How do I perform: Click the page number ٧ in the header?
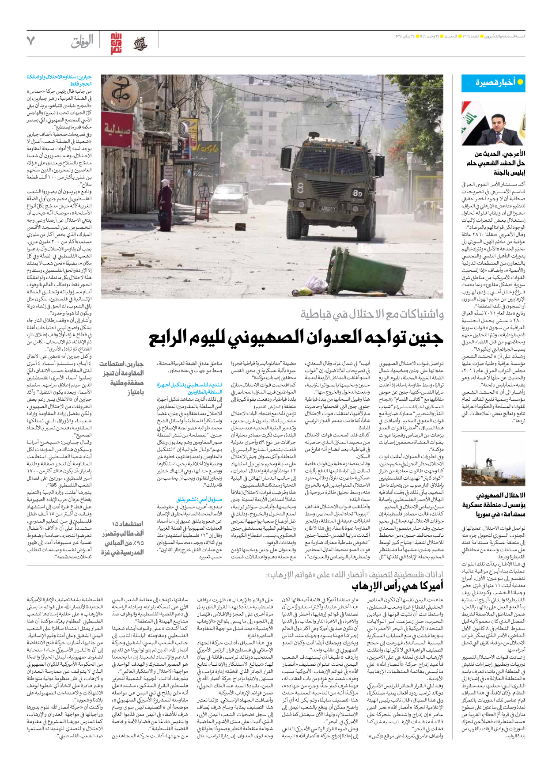click(x=30, y=41)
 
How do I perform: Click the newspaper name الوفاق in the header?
click(x=82, y=42)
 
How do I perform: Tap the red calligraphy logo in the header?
click(x=116, y=43)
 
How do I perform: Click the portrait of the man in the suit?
click(x=493, y=123)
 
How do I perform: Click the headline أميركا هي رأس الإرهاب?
click(x=397, y=587)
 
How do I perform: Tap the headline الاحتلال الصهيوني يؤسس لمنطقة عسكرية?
click(x=494, y=504)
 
